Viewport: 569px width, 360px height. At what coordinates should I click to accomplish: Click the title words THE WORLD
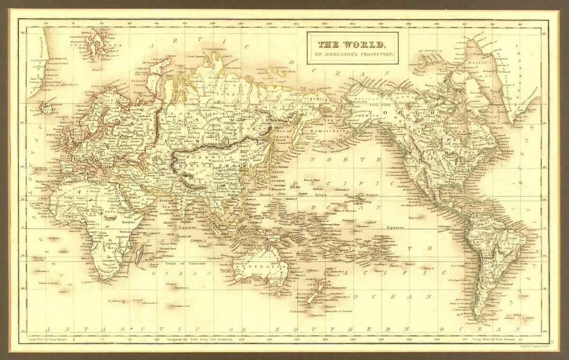pyautogui.click(x=351, y=45)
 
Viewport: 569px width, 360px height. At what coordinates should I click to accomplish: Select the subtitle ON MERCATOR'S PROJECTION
pyautogui.click(x=351, y=55)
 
